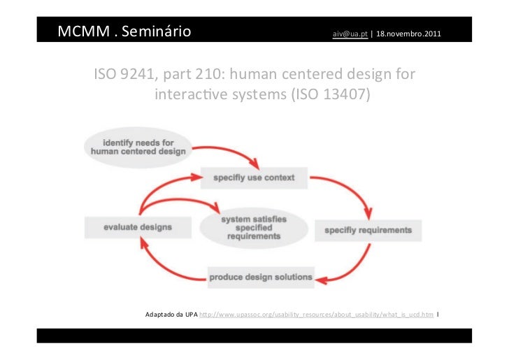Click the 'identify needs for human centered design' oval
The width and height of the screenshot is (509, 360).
click(138, 145)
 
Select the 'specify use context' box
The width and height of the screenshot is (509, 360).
click(253, 178)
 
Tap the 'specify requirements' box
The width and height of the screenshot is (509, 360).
click(368, 229)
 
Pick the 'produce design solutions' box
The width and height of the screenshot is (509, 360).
click(261, 277)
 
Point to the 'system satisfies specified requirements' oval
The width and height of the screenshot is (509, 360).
click(253, 228)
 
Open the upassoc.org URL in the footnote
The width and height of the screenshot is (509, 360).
click(316, 315)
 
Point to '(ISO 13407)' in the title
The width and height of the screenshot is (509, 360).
click(329, 94)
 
